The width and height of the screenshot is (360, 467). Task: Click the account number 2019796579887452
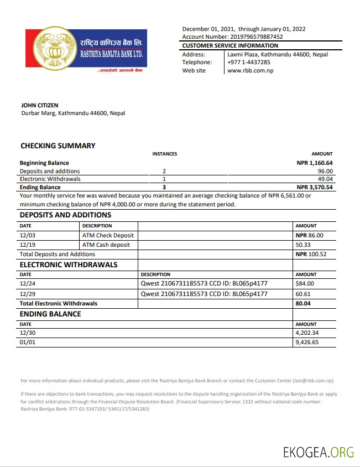(248, 37)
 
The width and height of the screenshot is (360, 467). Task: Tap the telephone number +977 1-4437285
(249, 63)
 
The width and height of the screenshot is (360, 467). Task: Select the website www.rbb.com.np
(250, 71)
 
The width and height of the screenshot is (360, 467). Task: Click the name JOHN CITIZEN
(39, 105)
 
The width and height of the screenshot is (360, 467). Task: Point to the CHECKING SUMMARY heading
(58, 146)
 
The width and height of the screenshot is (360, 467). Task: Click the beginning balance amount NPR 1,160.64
(315, 163)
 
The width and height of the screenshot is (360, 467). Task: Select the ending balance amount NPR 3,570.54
(315, 188)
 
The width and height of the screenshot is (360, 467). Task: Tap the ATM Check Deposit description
(108, 235)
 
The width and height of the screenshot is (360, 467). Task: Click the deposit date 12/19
(27, 245)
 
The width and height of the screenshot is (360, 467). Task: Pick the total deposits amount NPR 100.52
(311, 255)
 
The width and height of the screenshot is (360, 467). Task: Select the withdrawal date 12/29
(27, 294)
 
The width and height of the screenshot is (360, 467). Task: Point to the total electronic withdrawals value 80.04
(302, 304)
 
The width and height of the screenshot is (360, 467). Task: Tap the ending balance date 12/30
(27, 333)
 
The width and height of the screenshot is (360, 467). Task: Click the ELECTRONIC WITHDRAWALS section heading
(69, 264)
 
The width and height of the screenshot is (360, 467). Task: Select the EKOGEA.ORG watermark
(318, 453)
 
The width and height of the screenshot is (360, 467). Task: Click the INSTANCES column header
(164, 154)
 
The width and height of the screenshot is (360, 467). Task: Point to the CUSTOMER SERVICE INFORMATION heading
(230, 46)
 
